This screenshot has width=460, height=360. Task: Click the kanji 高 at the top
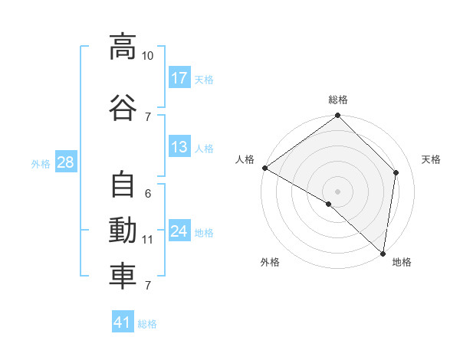click(x=123, y=47)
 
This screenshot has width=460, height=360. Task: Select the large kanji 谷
click(x=123, y=107)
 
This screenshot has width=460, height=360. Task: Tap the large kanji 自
click(x=123, y=185)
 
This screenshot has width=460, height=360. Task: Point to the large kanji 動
click(x=123, y=230)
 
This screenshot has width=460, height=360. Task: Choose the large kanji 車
click(x=123, y=277)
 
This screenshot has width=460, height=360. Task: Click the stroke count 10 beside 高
click(x=147, y=56)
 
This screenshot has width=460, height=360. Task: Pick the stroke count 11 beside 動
click(x=147, y=240)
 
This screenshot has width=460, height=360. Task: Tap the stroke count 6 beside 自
click(x=148, y=194)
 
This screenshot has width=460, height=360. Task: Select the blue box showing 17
click(x=180, y=77)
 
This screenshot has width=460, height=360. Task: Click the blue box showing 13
click(x=180, y=146)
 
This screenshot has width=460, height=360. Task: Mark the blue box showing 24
click(x=180, y=230)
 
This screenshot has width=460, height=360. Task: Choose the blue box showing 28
click(x=66, y=162)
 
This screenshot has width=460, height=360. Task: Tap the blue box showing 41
click(x=123, y=321)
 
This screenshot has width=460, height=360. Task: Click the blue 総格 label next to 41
click(x=147, y=324)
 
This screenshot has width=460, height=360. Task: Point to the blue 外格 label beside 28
click(x=41, y=164)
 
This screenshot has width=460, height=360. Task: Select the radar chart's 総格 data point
click(x=337, y=115)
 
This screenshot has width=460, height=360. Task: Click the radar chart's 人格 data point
click(x=265, y=168)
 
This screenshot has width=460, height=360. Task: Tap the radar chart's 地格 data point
click(x=383, y=254)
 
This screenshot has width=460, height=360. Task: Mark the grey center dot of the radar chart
click(x=337, y=191)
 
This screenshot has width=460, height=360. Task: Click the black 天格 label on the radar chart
click(x=431, y=159)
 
